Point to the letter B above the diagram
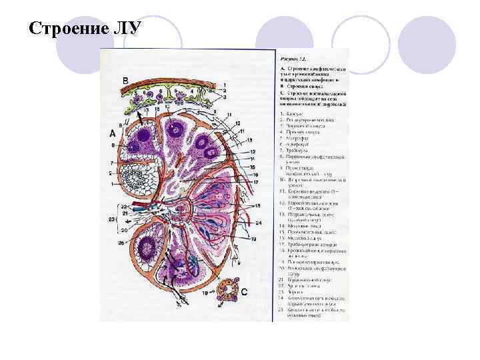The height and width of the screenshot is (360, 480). tap(125, 81)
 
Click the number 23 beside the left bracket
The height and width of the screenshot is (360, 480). tap(111, 219)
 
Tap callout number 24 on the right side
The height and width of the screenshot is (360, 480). tap(259, 222)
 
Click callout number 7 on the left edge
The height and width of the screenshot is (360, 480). tap(106, 163)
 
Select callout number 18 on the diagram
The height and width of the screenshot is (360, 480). tap(257, 207)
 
